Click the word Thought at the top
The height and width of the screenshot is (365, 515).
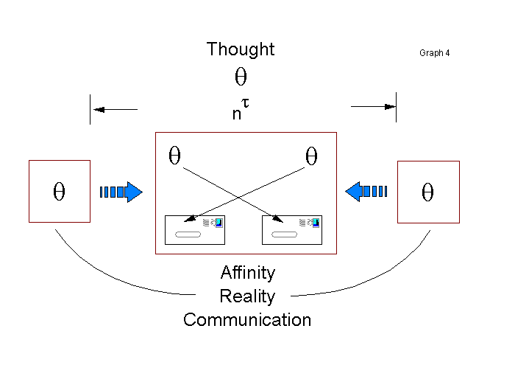[241, 49]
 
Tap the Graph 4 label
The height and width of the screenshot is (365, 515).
[435, 53]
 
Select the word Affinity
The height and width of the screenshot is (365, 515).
[248, 273]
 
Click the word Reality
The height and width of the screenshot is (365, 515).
[247, 296]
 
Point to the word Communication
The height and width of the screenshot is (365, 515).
[247, 320]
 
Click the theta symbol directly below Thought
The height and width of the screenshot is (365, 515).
[241, 77]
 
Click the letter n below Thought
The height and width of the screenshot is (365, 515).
[235, 114]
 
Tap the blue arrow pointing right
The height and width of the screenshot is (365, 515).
[121, 192]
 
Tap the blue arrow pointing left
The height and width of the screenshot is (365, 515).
[366, 192]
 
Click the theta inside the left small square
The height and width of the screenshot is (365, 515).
[60, 192]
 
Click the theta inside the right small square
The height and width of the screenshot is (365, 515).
[428, 192]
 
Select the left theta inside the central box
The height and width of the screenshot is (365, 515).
[175, 156]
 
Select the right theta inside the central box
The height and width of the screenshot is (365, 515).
[311, 156]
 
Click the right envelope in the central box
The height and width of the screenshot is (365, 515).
[292, 229]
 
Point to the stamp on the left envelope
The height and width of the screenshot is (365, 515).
[217, 222]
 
